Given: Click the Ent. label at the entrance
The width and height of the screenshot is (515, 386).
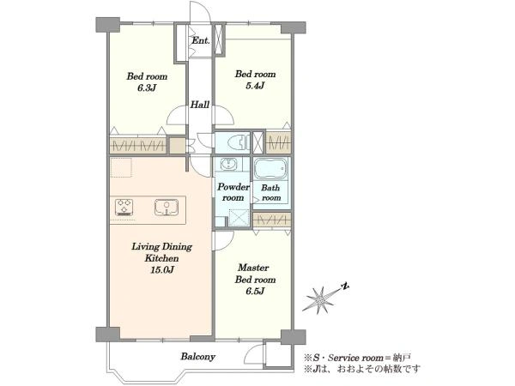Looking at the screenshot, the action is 200,40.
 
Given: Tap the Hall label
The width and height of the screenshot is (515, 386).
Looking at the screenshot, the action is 200,105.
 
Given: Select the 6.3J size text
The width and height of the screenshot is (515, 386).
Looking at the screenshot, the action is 147,87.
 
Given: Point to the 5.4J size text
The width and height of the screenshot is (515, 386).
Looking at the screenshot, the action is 255,86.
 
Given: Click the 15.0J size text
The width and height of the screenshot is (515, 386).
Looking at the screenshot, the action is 161,270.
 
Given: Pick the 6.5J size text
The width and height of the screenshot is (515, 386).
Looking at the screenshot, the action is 255,291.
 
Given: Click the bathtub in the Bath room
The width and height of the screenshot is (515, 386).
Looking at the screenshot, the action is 271,169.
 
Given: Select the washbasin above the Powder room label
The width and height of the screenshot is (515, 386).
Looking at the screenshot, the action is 227,164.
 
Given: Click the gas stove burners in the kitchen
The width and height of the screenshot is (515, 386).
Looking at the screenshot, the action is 124,207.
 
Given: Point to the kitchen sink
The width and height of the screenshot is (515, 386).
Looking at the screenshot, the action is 167,207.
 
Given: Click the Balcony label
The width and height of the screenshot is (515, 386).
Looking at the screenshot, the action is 198,357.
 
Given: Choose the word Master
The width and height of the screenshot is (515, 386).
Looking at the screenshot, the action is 253,268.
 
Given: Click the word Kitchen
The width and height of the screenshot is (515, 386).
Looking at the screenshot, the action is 161,258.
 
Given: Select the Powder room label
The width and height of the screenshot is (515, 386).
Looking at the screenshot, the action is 233,192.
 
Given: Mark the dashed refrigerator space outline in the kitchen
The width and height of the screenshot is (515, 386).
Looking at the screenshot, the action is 121,167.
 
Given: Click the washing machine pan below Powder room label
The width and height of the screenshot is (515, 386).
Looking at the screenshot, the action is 239,217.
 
